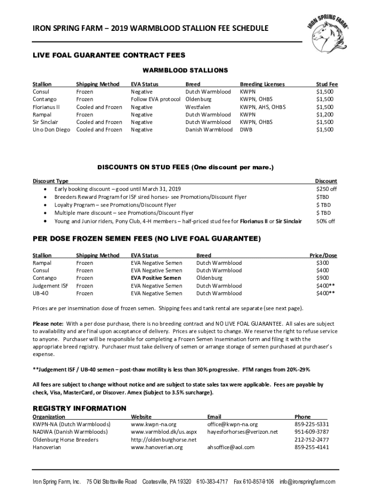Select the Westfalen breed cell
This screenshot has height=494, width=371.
click(199, 107)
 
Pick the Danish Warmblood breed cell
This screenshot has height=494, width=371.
click(209, 130)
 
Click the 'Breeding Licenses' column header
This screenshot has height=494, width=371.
click(262, 84)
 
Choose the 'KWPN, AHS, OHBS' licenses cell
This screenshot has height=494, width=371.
click(263, 107)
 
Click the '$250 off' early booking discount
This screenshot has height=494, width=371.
click(326, 189)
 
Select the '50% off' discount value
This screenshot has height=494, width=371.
click(326, 221)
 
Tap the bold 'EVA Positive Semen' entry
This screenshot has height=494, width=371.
click(156, 278)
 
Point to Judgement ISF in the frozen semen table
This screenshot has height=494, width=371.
click(50, 286)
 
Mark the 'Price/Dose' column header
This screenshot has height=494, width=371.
click(323, 255)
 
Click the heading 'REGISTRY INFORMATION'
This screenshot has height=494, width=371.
click(79, 409)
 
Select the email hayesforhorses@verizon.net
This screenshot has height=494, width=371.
click(242, 432)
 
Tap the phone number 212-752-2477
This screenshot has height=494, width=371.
click(312, 440)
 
